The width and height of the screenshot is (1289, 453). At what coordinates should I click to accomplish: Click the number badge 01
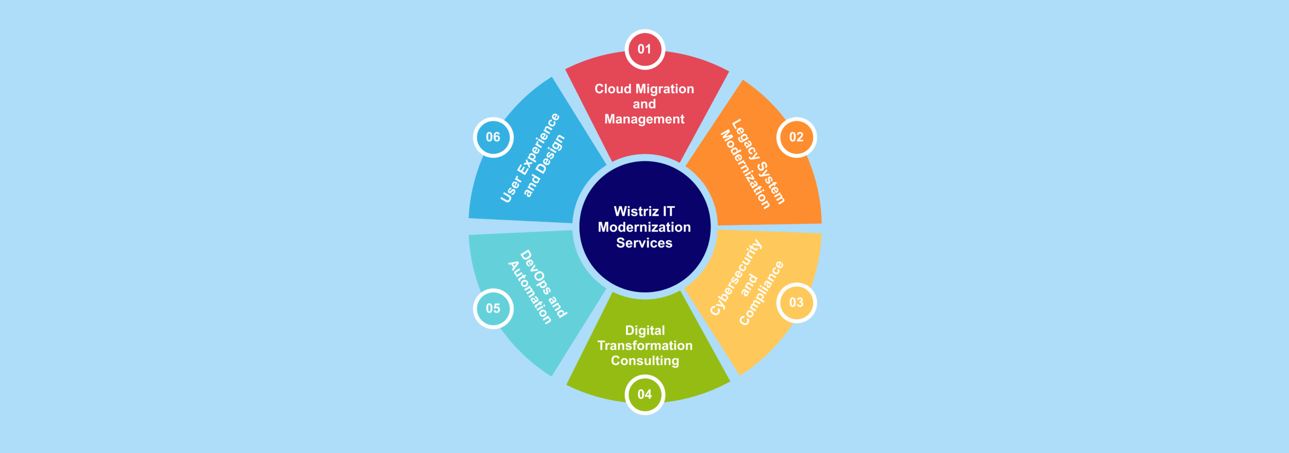pos(644,49)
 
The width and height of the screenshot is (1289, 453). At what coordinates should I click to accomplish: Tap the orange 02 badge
pos(796,137)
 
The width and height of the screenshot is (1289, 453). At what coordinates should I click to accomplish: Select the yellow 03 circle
pos(796,303)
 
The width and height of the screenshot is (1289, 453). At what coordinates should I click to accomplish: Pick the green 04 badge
pos(644,394)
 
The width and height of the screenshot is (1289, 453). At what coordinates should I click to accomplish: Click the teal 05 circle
pos(493,309)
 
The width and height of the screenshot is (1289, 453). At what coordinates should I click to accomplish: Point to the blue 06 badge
pos(493,137)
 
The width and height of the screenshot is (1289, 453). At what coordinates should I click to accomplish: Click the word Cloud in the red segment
pos(613,89)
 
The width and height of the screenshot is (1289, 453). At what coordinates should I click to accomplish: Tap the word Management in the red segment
pos(644,119)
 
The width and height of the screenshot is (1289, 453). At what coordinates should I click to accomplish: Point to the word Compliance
pos(761,293)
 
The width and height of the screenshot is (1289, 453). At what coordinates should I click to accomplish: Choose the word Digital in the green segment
pos(645,331)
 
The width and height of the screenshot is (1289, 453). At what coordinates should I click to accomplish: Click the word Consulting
pos(645,361)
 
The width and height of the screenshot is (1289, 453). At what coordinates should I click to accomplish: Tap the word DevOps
pos(535,272)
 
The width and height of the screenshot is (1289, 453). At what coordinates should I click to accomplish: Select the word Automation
pos(530,293)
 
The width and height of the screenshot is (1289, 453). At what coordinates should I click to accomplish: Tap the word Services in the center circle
pos(644,243)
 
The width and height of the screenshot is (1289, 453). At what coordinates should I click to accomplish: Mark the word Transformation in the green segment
pos(645,346)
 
